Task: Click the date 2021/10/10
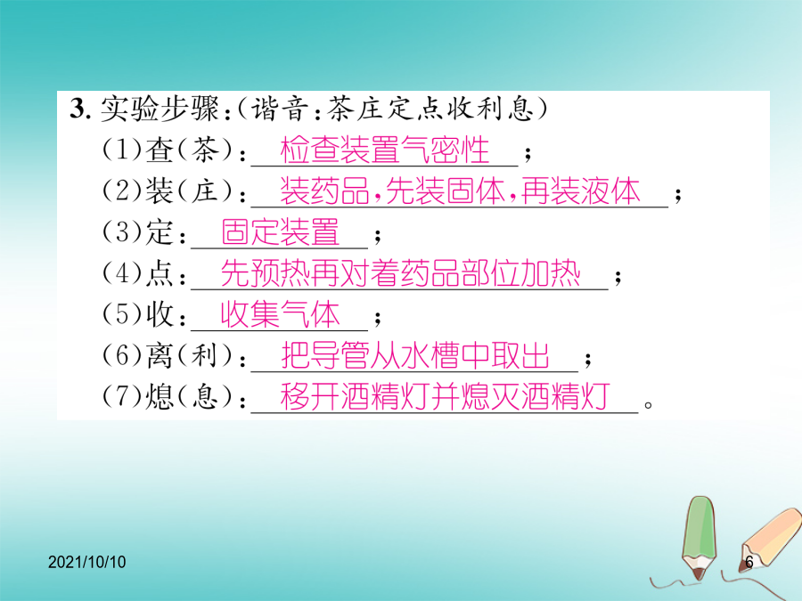87,562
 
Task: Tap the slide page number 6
749,562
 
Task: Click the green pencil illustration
700,539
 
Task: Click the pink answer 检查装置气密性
385,150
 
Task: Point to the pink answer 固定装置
281,232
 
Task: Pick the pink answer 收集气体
281,314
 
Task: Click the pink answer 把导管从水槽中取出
415,355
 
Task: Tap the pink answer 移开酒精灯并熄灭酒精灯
445,396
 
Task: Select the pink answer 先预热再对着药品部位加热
400,273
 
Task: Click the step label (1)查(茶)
168,150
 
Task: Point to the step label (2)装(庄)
168,191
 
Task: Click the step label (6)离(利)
168,355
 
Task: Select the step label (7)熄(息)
168,396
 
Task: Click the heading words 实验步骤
160,109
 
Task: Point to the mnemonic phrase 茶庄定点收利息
430,109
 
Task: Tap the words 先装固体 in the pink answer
445,191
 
